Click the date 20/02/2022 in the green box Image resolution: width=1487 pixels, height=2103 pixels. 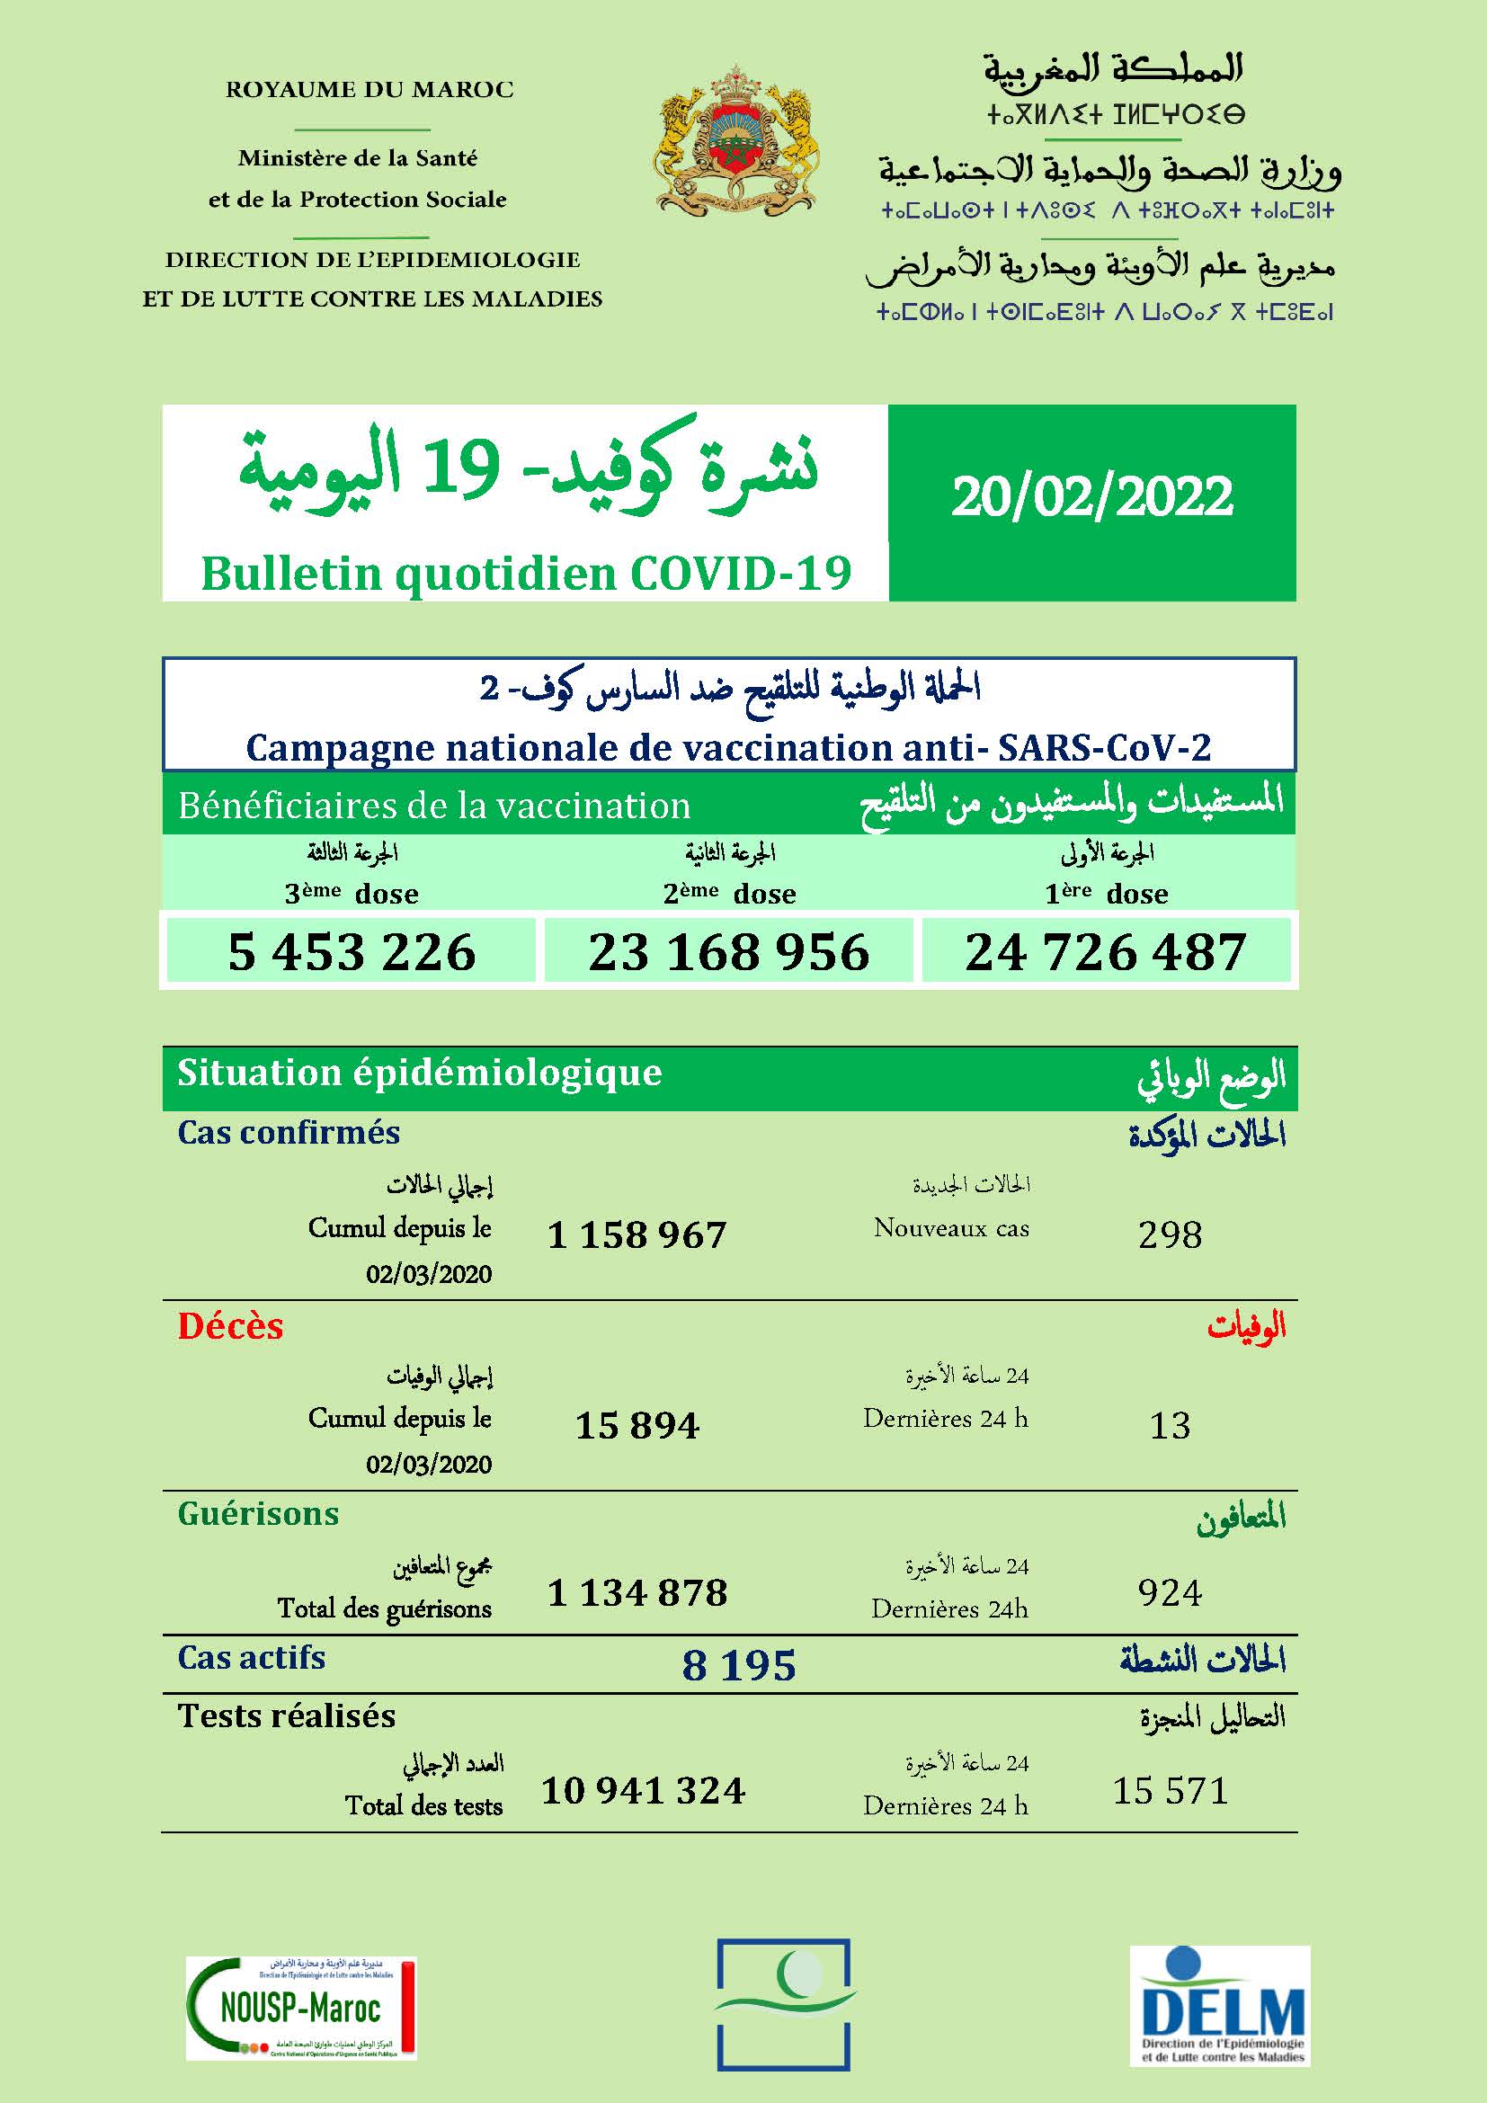[x=1091, y=497]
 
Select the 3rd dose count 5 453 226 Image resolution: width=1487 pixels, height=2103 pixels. [x=352, y=951]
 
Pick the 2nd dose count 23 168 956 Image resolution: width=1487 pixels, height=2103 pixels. [x=729, y=951]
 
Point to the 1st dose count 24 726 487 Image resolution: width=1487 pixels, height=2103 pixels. [x=1105, y=951]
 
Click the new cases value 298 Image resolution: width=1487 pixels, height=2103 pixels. [x=1170, y=1235]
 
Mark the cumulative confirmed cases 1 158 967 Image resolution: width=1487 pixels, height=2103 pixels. [x=637, y=1235]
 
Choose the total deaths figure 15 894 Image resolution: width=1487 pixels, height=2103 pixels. [x=637, y=1425]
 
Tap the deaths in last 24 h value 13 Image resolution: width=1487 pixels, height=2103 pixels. [x=1170, y=1425]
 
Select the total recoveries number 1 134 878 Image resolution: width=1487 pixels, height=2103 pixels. [x=637, y=1593]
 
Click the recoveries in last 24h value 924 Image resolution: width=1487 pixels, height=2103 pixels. [x=1170, y=1593]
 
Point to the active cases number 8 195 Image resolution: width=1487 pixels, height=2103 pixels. [x=739, y=1665]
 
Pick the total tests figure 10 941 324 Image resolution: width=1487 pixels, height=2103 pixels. [x=643, y=1791]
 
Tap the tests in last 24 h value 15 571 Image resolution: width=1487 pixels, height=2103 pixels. [x=1170, y=1791]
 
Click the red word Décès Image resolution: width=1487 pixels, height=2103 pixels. [x=231, y=1326]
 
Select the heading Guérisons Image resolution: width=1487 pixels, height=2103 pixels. [x=258, y=1513]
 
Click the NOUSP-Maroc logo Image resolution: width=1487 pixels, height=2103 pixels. [x=301, y=2009]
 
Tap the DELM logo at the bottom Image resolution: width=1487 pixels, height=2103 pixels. [x=1220, y=2006]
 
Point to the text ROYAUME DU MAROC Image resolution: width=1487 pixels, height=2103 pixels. [x=369, y=90]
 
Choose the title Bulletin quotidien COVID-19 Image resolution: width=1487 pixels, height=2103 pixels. [x=526, y=575]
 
